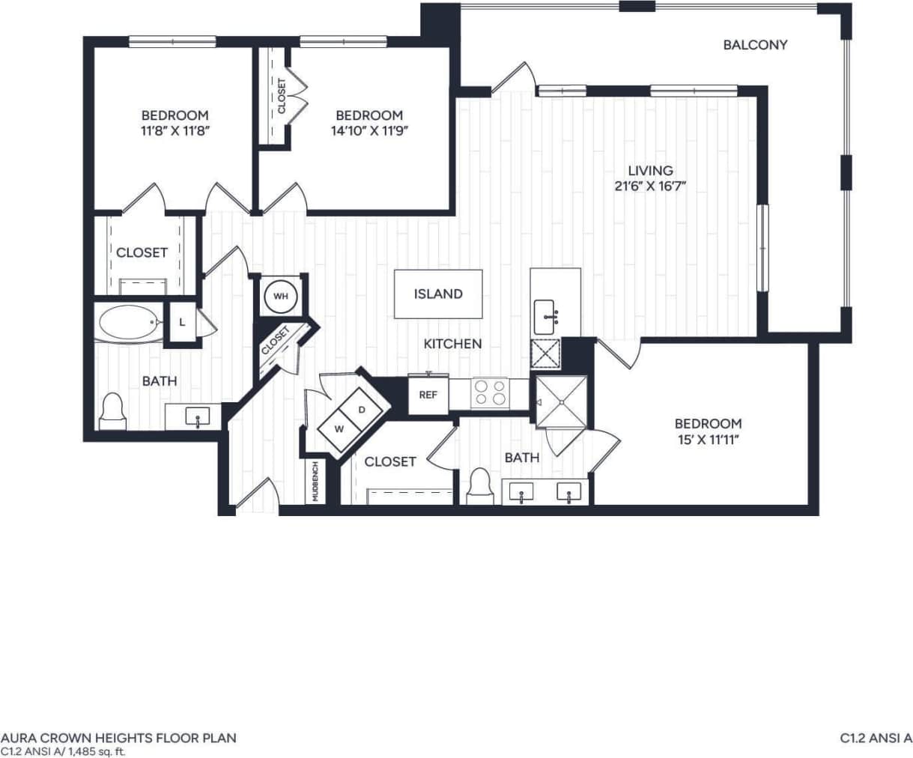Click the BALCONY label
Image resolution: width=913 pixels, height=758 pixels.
pyautogui.click(x=755, y=45)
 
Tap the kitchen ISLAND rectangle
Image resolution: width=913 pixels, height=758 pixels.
pyautogui.click(x=438, y=294)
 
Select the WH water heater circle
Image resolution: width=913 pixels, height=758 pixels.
pyautogui.click(x=281, y=297)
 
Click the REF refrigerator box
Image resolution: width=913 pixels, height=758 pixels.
pyautogui.click(x=428, y=395)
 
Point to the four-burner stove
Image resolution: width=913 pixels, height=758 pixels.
pyautogui.click(x=490, y=392)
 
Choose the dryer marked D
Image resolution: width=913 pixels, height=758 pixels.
pyautogui.click(x=363, y=410)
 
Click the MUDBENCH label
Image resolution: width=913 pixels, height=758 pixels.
pyautogui.click(x=315, y=481)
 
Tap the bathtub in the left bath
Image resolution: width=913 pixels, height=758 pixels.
pyautogui.click(x=130, y=324)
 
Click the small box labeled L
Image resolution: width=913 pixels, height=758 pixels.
pyautogui.click(x=182, y=323)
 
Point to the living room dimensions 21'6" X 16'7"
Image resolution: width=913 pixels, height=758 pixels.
pyautogui.click(x=650, y=187)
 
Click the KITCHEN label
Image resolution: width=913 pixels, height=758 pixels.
pyautogui.click(x=452, y=344)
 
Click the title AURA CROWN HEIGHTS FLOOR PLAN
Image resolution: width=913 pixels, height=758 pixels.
pyautogui.click(x=118, y=738)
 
